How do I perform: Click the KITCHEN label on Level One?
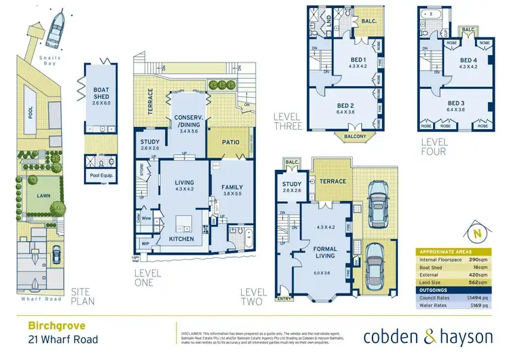(181, 239)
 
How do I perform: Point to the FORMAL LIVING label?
(325, 253)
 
